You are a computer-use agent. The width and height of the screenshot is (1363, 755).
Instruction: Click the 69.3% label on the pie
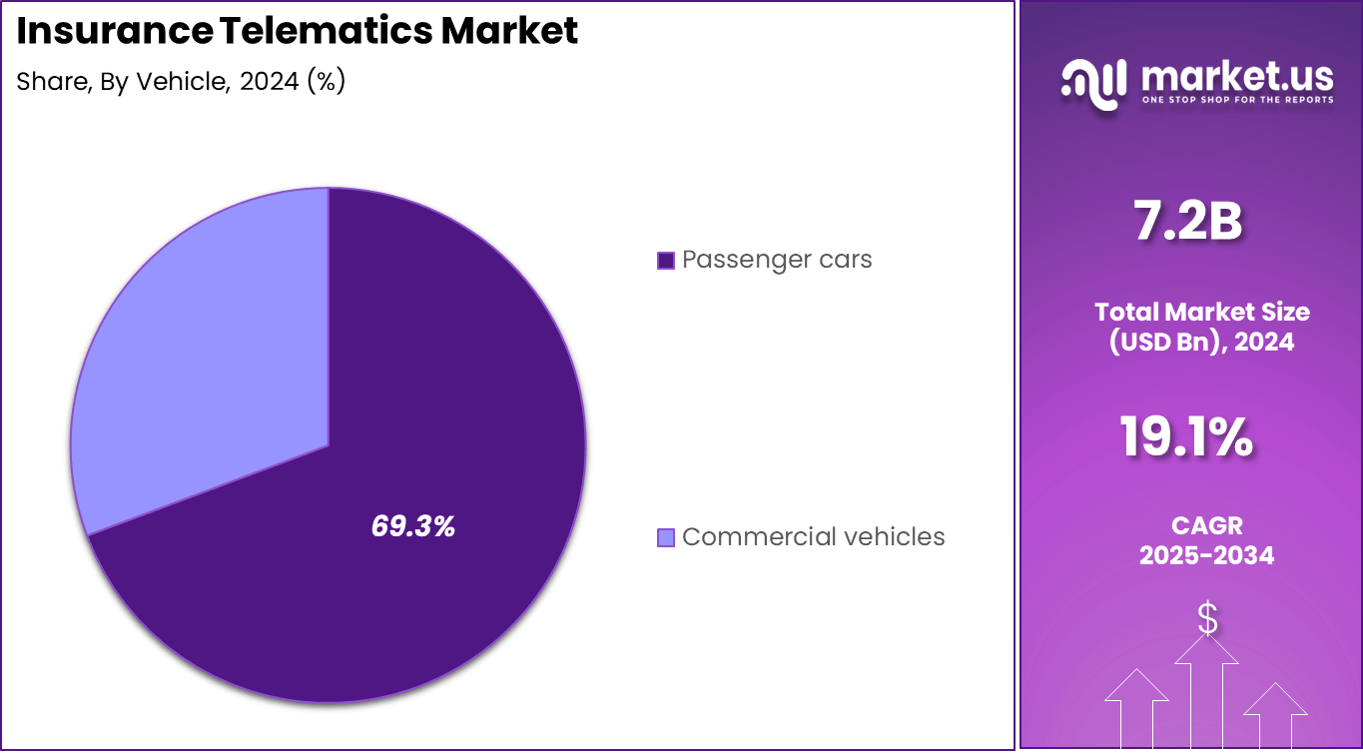412,526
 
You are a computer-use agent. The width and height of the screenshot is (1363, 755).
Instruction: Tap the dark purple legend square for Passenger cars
666,261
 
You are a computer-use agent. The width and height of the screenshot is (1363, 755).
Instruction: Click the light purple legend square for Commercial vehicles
666,538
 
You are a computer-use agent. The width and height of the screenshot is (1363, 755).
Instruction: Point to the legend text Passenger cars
777,260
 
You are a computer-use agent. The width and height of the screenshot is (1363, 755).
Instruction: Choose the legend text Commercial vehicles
813,537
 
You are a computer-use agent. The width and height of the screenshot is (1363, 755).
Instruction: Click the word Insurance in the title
112,31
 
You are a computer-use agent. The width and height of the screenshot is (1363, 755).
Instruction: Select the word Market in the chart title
509,31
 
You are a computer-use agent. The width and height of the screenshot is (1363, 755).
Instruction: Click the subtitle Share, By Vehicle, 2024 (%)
181,82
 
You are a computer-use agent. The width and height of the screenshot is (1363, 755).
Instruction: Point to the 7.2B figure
1187,222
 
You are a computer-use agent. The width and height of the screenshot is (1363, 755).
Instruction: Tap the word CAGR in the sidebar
1206,525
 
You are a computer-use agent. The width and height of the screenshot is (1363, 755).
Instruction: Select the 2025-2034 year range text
1206,555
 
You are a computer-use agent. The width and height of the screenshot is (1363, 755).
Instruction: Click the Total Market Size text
1202,311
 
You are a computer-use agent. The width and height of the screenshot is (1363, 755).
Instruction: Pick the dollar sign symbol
1207,619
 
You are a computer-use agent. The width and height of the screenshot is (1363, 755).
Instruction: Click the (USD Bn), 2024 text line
1202,342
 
